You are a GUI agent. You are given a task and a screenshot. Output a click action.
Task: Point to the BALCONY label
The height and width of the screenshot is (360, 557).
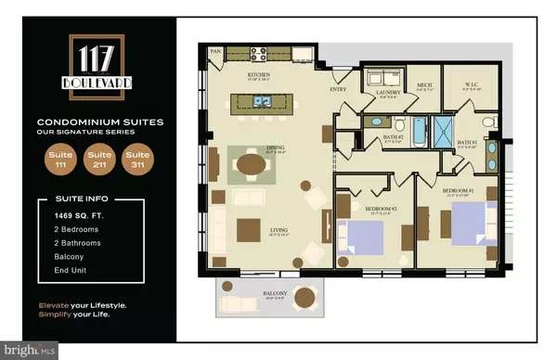(x=276, y=295)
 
